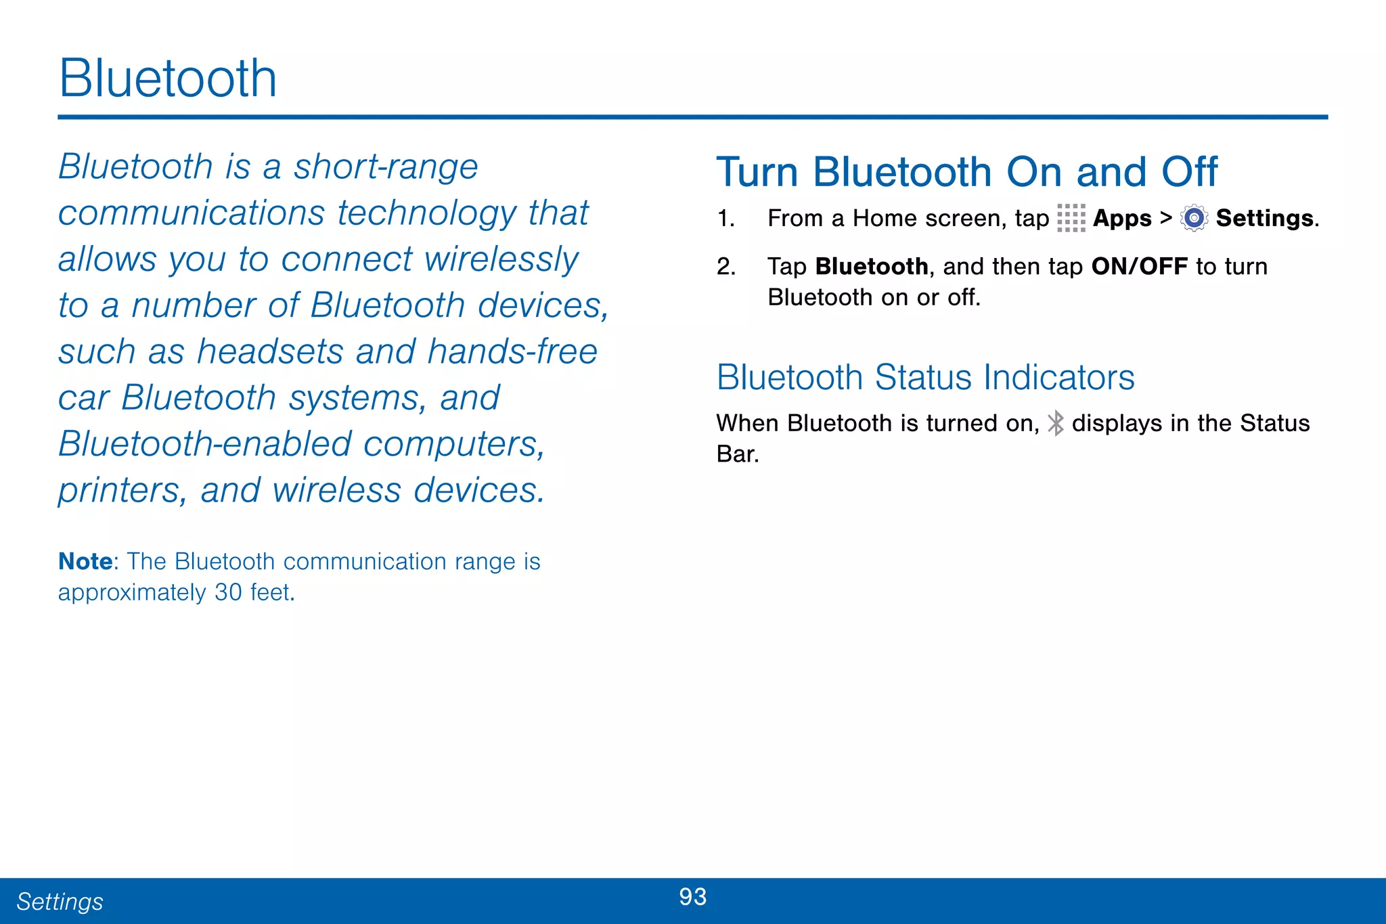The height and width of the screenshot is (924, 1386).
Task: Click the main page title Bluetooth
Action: point(168,79)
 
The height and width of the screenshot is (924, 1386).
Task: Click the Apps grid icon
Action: point(1071,218)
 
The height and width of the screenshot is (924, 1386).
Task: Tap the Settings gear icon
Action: point(1194,218)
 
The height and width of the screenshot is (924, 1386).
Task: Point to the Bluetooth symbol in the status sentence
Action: point(1055,423)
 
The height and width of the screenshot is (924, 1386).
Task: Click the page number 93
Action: point(692,897)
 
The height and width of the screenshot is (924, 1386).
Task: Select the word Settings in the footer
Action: point(60,902)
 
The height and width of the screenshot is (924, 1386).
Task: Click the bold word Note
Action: point(85,561)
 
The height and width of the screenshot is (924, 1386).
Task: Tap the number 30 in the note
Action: point(228,592)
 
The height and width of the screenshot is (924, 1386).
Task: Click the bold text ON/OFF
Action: point(1139,266)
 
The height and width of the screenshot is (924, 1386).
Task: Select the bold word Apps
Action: point(1122,219)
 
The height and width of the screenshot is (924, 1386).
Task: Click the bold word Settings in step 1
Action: point(1265,218)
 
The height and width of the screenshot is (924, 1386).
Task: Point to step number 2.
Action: point(725,267)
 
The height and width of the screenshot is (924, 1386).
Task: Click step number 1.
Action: point(725,219)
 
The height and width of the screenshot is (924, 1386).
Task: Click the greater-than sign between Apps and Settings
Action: point(1165,218)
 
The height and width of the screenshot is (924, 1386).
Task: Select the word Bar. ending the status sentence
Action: point(738,454)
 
